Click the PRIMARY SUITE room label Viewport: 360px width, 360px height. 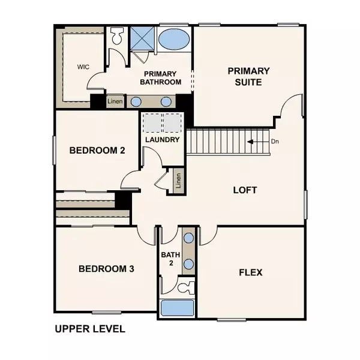coord(248,76)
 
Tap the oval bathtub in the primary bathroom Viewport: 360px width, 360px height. coord(174,40)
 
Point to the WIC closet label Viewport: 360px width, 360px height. coord(83,67)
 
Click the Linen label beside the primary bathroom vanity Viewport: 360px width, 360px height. coord(115,101)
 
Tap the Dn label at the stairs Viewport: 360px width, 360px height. coord(275,142)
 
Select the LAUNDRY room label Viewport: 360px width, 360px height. coord(163,140)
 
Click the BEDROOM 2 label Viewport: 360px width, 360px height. coord(97,150)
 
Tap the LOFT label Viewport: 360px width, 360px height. coord(245,190)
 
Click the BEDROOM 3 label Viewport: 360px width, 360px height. coord(106,269)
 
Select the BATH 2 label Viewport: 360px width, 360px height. coord(170,259)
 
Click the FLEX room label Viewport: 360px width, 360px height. coord(251,272)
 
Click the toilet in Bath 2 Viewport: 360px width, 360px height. coord(187,286)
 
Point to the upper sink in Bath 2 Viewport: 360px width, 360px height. coord(188,238)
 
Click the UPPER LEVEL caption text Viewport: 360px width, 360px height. coord(90,329)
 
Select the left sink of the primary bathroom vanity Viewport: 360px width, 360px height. coord(137,101)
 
